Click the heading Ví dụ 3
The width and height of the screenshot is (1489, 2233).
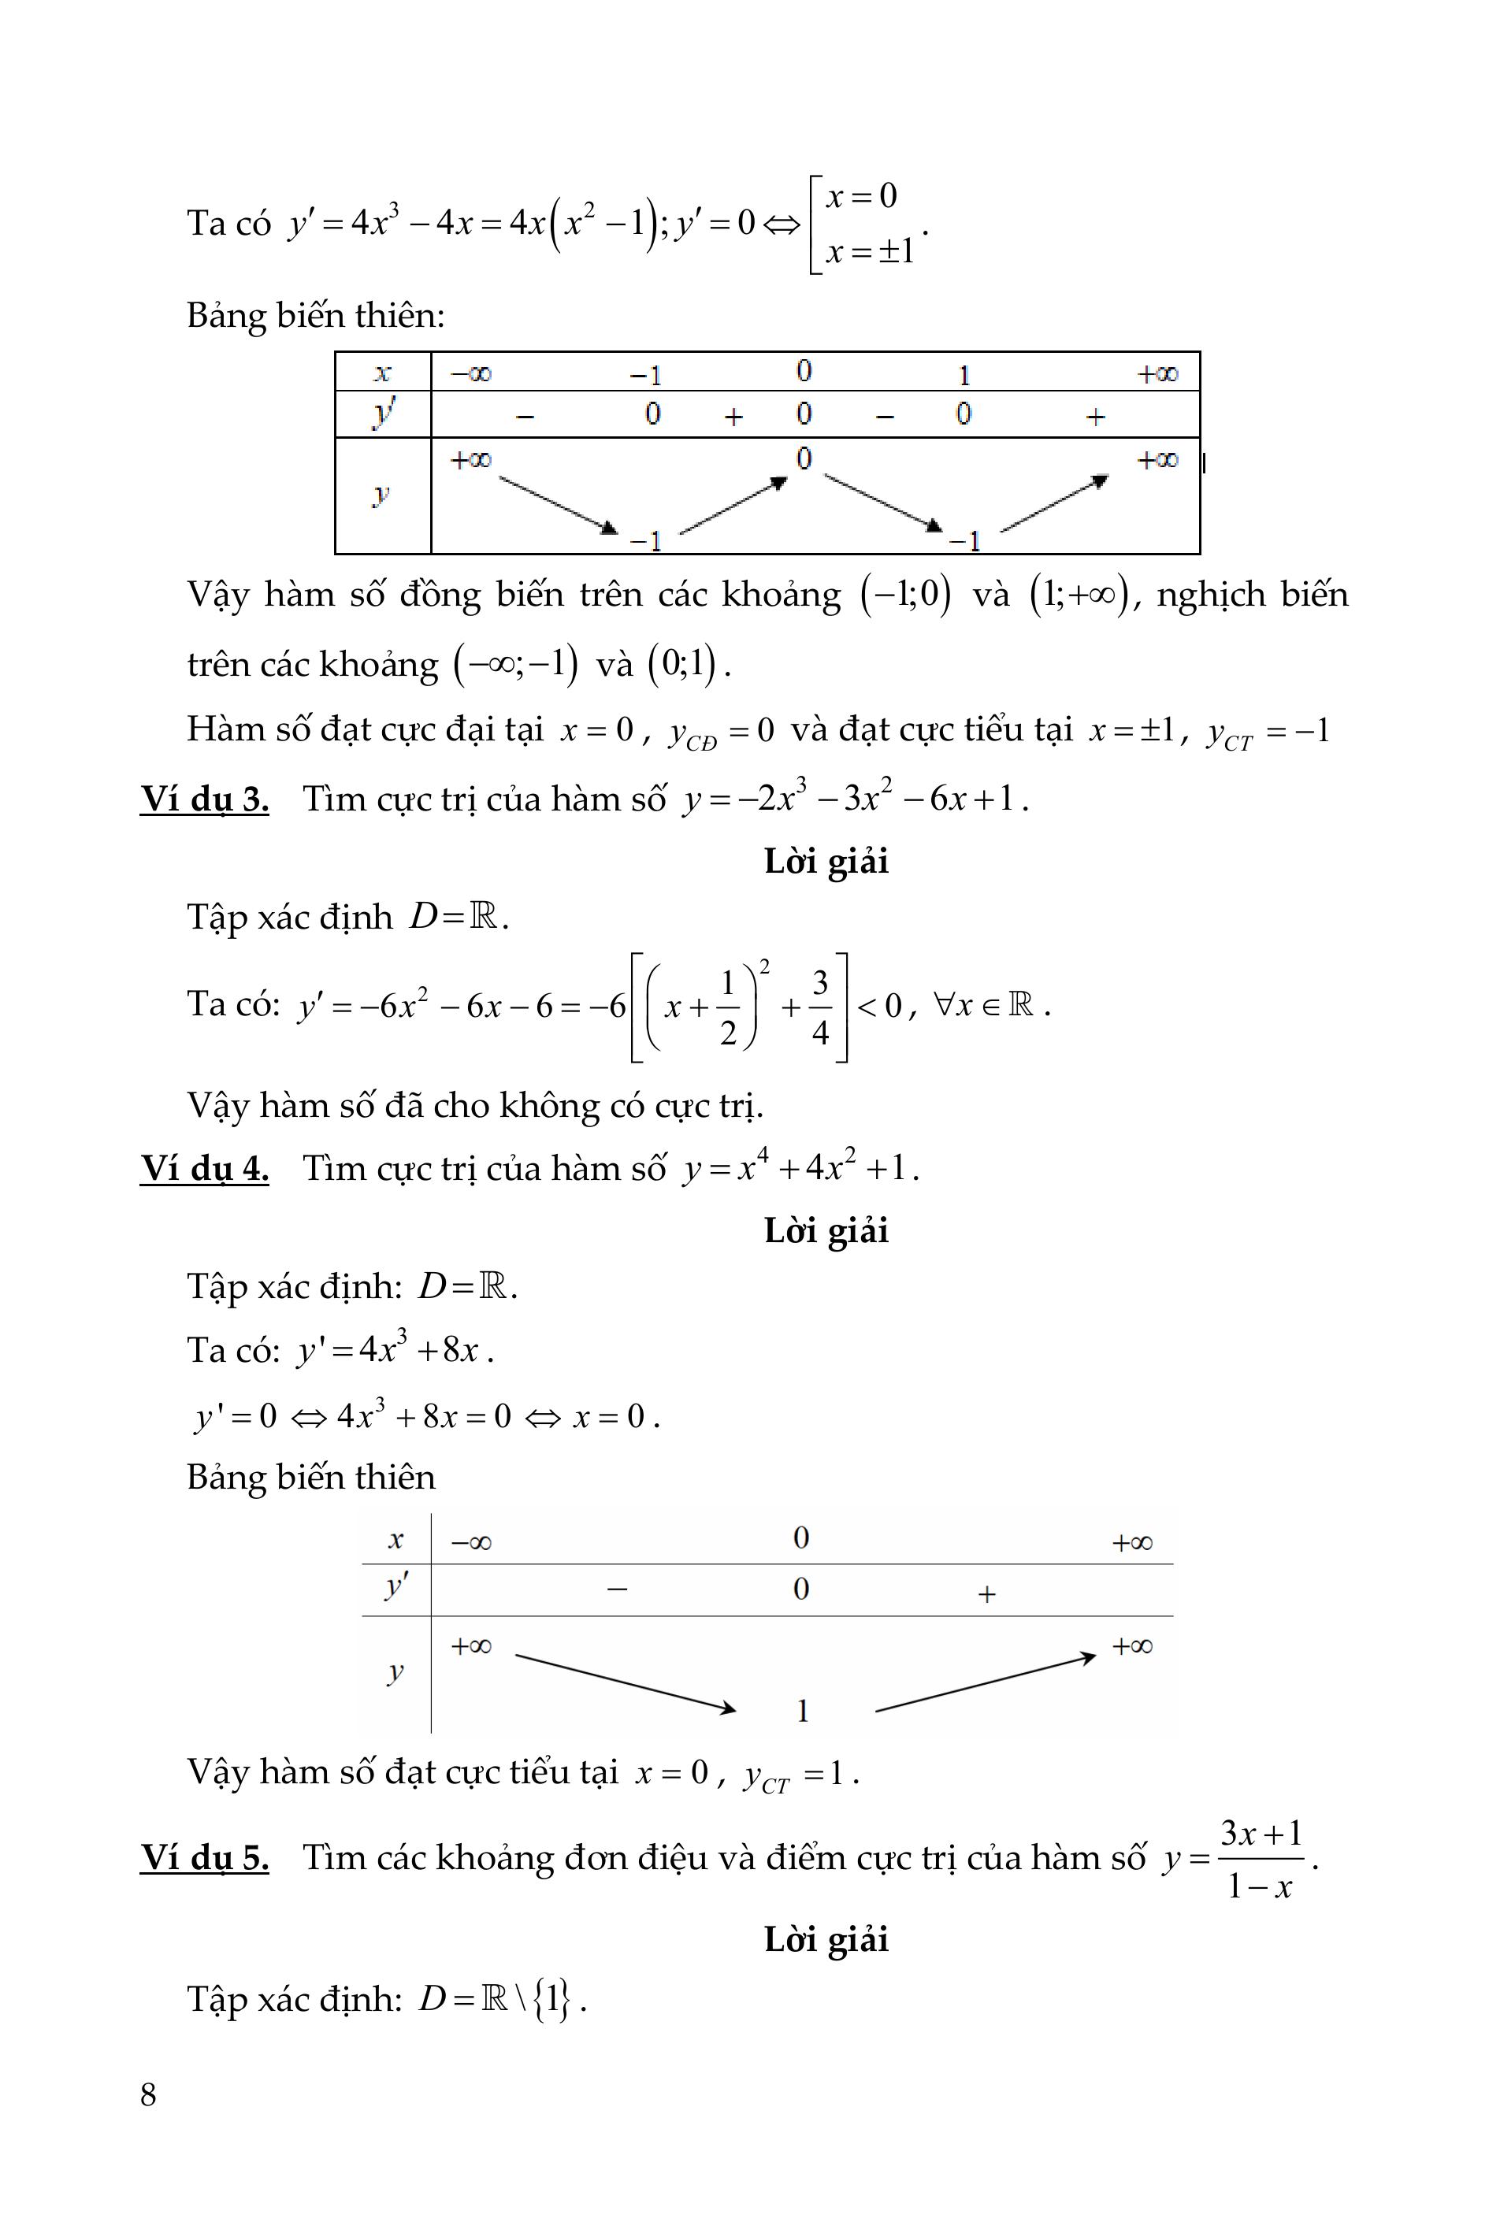tap(204, 799)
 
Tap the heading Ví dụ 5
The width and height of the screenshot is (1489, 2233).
tap(204, 1857)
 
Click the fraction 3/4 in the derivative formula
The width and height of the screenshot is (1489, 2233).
tap(820, 1007)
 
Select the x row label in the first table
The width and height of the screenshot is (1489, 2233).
tap(382, 372)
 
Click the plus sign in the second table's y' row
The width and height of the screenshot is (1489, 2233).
tap(986, 1593)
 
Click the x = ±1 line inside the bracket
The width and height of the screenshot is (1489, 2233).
tap(869, 251)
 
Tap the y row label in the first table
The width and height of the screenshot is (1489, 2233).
tap(382, 495)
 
